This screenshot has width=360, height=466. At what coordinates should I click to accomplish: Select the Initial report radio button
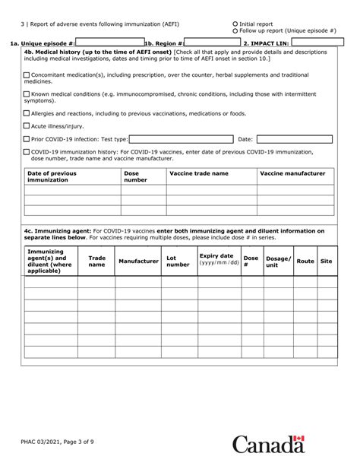[235, 24]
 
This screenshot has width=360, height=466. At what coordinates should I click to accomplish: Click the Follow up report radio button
[235, 30]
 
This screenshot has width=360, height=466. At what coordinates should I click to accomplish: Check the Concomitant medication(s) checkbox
[27, 75]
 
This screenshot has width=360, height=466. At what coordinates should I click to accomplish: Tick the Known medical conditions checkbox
[27, 94]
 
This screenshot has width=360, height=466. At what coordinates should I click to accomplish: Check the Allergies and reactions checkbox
[27, 113]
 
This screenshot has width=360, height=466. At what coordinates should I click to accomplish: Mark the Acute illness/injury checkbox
[27, 126]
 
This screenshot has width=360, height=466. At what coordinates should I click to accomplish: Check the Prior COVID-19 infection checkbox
[27, 140]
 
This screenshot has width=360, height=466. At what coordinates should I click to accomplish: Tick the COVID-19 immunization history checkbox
[27, 152]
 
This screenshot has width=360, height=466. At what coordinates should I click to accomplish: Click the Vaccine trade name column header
[198, 173]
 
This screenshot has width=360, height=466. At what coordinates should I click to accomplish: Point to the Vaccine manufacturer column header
[292, 173]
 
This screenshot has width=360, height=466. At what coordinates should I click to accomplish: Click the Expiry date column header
[219, 259]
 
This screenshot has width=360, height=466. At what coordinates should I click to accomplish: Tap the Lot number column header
[178, 261]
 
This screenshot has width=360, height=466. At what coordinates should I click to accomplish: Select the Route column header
[305, 261]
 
